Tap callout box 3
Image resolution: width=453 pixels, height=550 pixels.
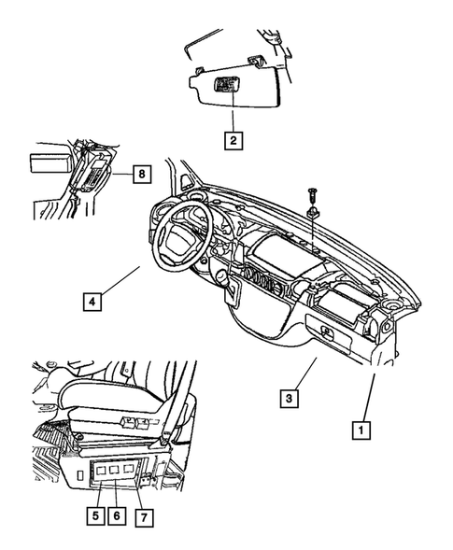[291, 400]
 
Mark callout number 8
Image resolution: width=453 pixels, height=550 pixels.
[140, 173]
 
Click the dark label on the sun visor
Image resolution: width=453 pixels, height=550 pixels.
[226, 86]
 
